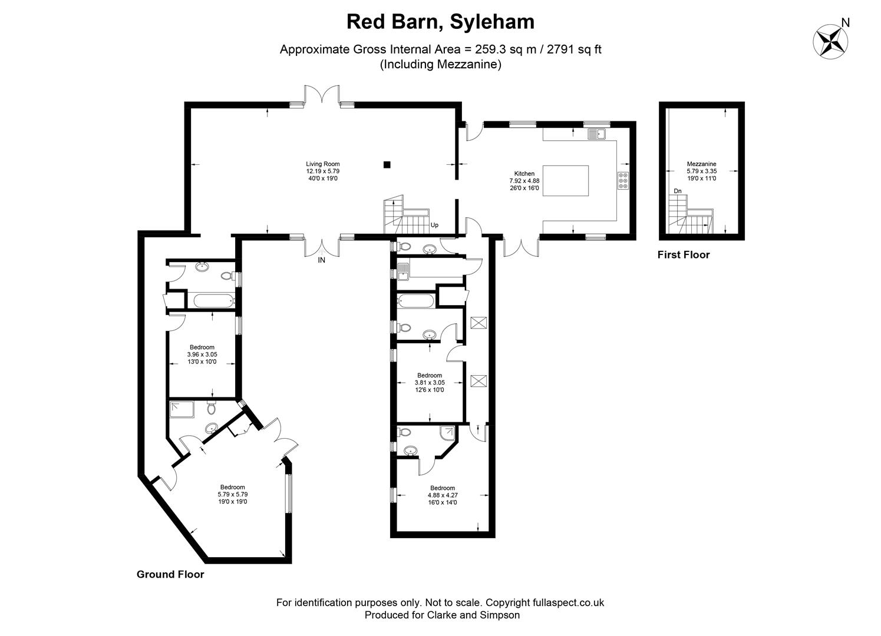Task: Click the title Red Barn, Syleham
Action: coord(440,21)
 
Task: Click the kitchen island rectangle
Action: coord(566,181)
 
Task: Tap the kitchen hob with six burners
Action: coord(623,180)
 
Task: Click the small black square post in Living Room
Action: coord(387,164)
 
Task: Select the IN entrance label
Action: coord(322,260)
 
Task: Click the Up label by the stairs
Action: coord(434,225)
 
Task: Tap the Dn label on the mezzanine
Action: coord(678,191)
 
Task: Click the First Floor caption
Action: coord(684,255)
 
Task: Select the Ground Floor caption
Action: coord(170,574)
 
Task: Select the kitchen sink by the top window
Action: coord(596,134)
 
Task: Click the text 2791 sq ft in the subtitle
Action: coord(574,49)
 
